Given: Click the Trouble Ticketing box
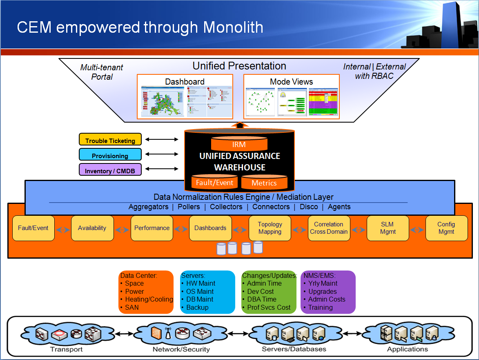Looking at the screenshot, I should tap(110, 140).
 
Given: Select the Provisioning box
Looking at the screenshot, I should tap(110, 155).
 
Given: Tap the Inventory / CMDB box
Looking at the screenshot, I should tap(110, 170).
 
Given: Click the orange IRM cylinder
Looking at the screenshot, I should tap(239, 144).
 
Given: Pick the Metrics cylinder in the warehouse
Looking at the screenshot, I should tap(264, 183).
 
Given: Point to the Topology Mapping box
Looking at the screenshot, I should tap(270, 228).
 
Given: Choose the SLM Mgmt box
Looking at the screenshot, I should tap(387, 228).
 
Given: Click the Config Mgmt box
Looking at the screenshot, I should tap(446, 228).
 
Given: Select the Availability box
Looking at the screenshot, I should tap(92, 228).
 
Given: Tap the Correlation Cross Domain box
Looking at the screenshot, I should tap(328, 228).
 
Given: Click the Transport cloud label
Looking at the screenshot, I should tap(66, 349).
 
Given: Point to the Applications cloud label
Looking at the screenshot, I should tap(407, 349).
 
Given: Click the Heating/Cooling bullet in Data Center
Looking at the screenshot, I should tap(149, 300).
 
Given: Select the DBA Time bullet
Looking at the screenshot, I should tap(262, 300).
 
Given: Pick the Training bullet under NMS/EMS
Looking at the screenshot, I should tap(320, 307).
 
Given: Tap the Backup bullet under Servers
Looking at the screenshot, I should tap(197, 307).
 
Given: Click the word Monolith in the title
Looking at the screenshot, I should tap(233, 27).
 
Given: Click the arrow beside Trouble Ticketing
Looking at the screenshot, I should tap(162, 140).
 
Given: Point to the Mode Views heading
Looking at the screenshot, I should tap(291, 82).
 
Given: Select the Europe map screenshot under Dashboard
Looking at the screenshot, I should tap(163, 101).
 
